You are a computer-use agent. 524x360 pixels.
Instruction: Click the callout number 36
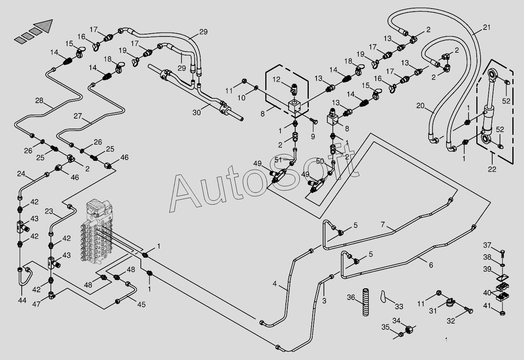[x=351, y=298]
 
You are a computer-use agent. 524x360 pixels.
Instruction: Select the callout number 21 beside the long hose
[x=487, y=27]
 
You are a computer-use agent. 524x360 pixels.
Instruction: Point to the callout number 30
[x=197, y=112]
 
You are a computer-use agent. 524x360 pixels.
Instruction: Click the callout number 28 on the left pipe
[x=39, y=101]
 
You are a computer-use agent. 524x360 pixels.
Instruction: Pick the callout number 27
[x=78, y=116]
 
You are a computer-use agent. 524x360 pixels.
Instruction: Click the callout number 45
[x=141, y=305]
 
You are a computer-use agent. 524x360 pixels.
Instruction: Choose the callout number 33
[x=399, y=307]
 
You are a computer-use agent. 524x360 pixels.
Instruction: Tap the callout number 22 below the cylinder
[x=492, y=169]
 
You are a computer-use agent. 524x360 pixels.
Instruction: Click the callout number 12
[x=276, y=79]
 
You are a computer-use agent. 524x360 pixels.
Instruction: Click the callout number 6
[x=431, y=265]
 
